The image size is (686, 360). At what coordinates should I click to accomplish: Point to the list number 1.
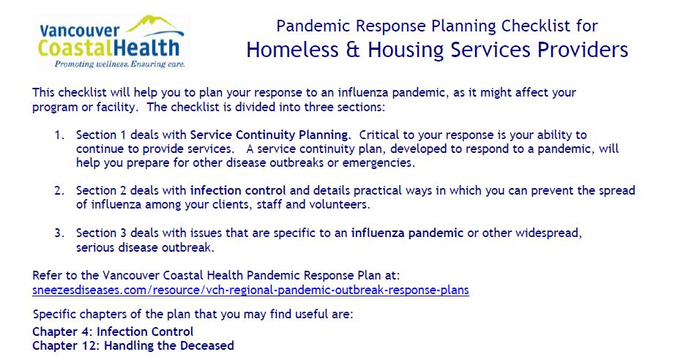pos(59,135)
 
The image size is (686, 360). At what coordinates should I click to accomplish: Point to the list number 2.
pos(59,191)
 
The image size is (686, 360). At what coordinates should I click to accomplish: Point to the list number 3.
pos(59,233)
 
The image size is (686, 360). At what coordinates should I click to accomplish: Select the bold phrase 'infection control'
pos(238,191)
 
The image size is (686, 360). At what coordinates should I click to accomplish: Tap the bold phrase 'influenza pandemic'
pos(407,233)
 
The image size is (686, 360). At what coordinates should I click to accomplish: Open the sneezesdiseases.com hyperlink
pos(250,290)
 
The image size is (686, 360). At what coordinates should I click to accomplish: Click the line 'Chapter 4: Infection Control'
pos(113,332)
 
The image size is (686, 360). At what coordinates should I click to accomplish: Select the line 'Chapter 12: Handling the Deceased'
pos(133,345)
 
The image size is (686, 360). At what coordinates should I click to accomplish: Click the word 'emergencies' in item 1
pos(381,162)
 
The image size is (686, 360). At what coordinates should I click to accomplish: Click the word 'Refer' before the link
pos(47,275)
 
